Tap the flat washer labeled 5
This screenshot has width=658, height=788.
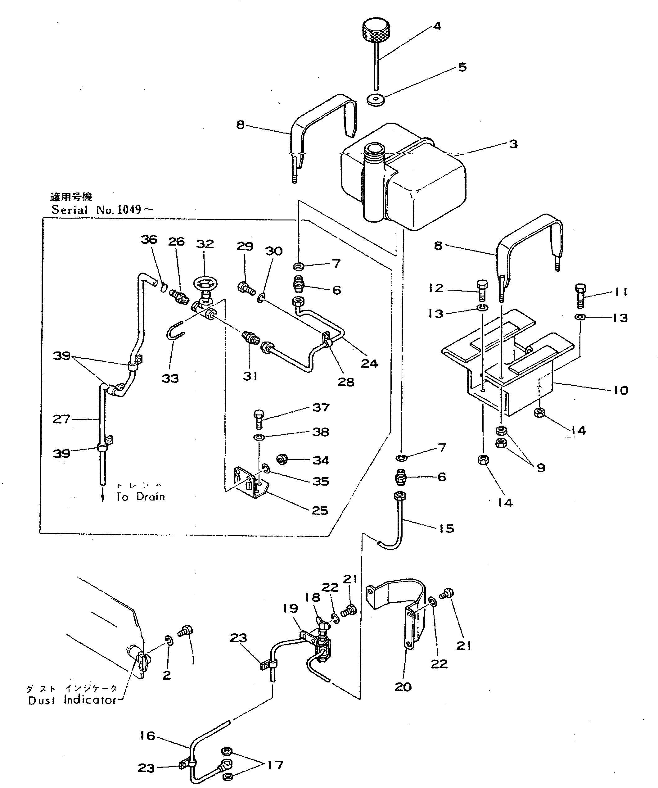point(376,99)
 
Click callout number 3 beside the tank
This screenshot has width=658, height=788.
point(513,144)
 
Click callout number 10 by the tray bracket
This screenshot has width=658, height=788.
point(621,390)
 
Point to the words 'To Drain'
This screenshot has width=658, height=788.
point(140,497)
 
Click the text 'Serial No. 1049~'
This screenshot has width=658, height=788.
point(102,209)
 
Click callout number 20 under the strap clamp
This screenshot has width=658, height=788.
point(403,687)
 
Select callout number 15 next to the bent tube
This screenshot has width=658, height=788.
point(446,528)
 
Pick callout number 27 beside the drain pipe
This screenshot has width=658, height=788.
point(61,419)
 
